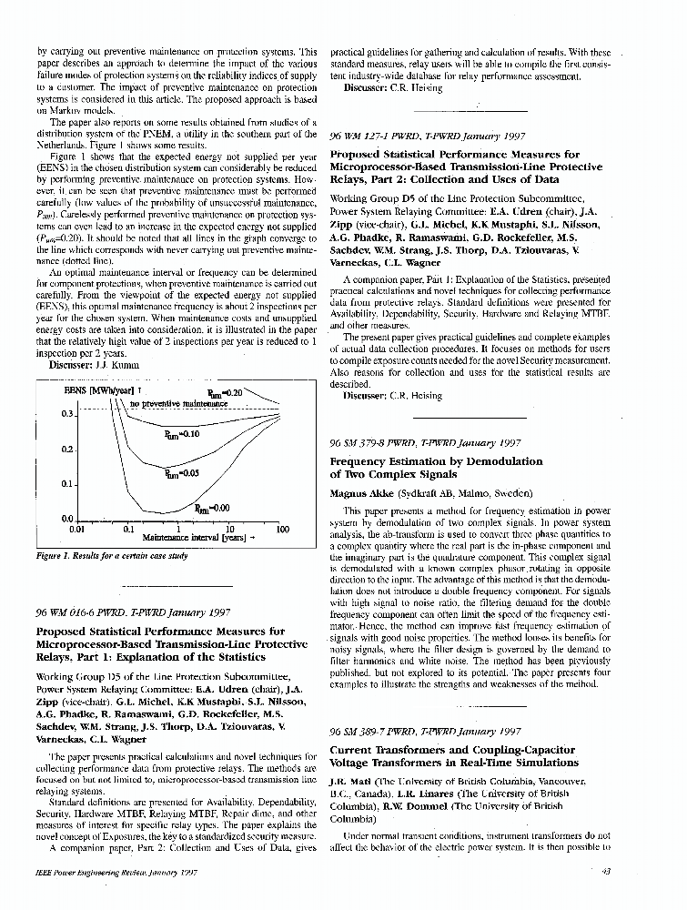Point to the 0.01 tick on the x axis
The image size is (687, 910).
(77, 529)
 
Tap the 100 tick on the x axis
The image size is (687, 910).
(282, 529)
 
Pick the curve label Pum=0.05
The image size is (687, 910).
(181, 473)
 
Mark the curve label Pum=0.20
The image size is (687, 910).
(226, 393)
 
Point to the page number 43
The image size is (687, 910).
(606, 871)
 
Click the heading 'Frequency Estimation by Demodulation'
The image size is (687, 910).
(436, 461)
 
